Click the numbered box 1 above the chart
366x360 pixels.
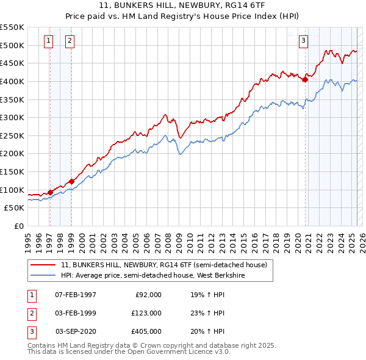point(48,41)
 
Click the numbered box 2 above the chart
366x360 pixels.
point(70,41)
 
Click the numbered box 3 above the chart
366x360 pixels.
point(303,41)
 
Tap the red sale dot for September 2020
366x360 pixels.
point(306,79)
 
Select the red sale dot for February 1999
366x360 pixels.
point(71,181)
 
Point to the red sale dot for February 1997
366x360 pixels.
point(50,192)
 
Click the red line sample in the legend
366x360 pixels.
point(43,265)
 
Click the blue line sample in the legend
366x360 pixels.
point(43,276)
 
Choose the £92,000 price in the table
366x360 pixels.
point(148,295)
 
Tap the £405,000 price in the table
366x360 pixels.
point(146,331)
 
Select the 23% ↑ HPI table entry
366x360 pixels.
point(207,313)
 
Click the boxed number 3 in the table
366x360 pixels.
point(32,331)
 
